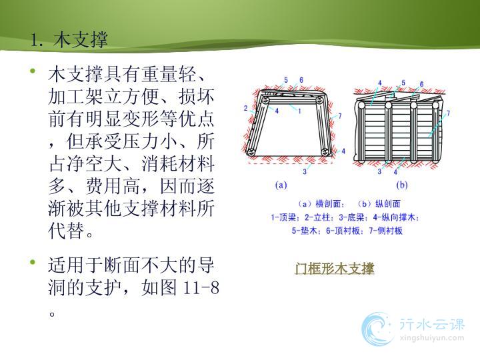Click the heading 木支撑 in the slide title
tap(81, 40)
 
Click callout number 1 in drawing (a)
tap(300, 111)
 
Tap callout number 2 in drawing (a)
tap(245, 108)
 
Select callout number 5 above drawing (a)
tap(286, 80)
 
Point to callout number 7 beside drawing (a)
tap(340, 116)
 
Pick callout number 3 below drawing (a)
tap(305, 171)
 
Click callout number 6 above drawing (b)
tap(421, 84)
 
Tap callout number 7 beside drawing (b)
tap(448, 113)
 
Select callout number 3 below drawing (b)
tap(379, 171)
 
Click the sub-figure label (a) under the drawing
tap(281, 185)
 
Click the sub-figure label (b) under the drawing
tap(401, 185)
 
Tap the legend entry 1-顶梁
tap(284, 217)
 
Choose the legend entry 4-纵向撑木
tap(395, 217)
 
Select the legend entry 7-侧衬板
tap(386, 231)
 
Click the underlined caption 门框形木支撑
tap(334, 269)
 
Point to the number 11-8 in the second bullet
tap(201, 287)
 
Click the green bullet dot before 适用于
tap(33, 262)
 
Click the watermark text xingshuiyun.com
tap(432, 338)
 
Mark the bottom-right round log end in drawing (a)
tap(325, 151)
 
